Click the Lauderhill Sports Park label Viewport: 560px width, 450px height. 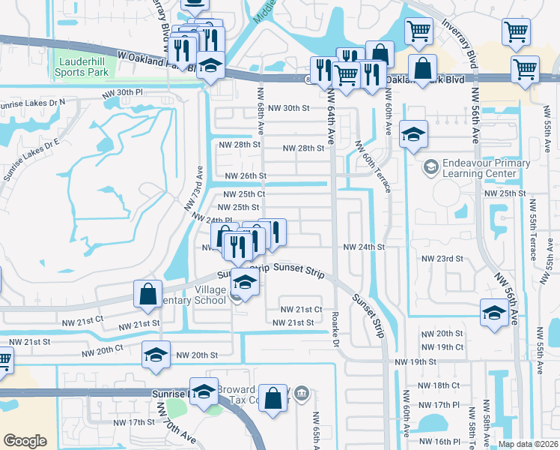[x=82, y=67]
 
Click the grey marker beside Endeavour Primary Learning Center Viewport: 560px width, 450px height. [x=431, y=165]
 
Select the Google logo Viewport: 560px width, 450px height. [x=25, y=441]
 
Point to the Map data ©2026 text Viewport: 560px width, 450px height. [x=528, y=444]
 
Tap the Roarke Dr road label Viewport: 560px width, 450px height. [x=336, y=329]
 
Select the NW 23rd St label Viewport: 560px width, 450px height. [x=443, y=258]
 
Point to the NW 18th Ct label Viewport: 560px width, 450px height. [x=442, y=385]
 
